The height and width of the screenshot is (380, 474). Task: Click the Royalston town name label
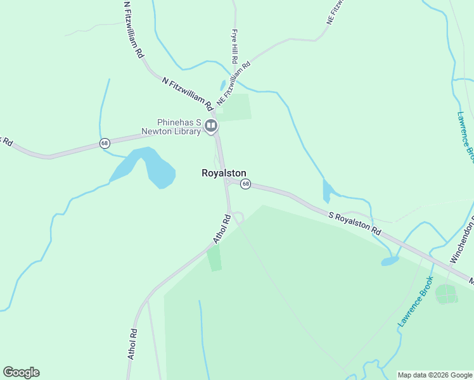(224, 173)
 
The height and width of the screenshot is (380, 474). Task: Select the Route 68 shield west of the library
(105, 144)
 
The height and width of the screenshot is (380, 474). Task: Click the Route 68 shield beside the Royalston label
(246, 184)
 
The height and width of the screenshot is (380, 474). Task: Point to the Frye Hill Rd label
(234, 46)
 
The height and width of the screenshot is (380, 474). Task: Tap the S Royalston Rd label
(355, 222)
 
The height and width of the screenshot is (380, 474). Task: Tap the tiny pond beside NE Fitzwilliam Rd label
(222, 85)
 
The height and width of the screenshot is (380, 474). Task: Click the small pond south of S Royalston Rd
(389, 261)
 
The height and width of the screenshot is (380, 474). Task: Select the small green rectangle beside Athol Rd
(215, 258)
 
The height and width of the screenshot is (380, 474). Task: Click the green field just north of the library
(236, 107)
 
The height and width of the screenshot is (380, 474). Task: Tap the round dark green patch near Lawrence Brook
(447, 294)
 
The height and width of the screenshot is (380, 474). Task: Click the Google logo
(21, 372)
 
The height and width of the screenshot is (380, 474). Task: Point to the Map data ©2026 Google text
(435, 375)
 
